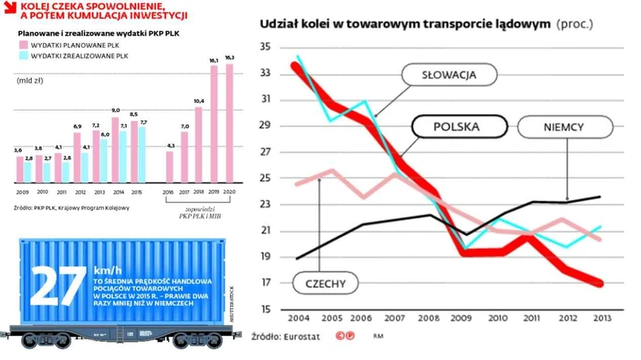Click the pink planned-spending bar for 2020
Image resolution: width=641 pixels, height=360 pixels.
click(x=230, y=123)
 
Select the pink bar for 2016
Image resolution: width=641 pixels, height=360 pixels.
click(x=170, y=166)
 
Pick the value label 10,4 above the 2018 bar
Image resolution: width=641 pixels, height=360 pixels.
click(x=198, y=102)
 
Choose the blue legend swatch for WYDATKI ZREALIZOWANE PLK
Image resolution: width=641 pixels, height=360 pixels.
click(x=22, y=57)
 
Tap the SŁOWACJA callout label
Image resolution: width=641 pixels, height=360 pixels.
click(x=451, y=76)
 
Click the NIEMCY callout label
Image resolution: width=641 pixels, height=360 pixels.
click(x=565, y=127)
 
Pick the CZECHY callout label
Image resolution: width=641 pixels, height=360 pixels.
click(x=322, y=282)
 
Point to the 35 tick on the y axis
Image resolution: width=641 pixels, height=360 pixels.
click(x=265, y=48)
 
